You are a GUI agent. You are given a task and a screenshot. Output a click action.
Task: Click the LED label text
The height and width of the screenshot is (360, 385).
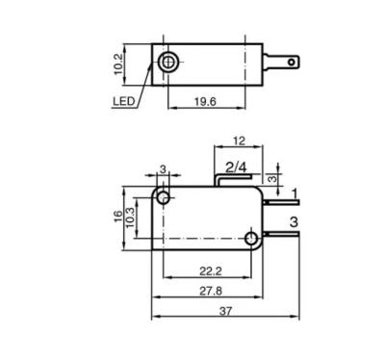123,101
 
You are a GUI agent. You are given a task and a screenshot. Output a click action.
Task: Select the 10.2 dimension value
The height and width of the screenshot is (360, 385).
118,64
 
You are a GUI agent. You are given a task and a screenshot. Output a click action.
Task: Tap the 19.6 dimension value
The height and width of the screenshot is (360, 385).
205,102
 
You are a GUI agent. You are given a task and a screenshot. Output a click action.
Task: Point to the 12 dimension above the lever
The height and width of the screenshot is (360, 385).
239,141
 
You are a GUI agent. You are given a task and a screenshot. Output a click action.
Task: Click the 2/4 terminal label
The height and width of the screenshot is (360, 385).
236,167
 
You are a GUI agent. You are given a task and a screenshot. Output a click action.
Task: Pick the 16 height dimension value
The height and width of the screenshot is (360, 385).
118,216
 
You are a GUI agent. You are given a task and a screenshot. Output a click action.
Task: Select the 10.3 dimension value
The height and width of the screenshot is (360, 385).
130,218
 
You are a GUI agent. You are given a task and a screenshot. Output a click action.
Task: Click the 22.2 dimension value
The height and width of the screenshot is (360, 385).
211,271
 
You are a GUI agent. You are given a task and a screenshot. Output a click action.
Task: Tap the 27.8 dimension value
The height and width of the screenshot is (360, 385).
211,292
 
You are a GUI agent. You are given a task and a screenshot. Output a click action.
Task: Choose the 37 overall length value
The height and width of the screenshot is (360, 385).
225,311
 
